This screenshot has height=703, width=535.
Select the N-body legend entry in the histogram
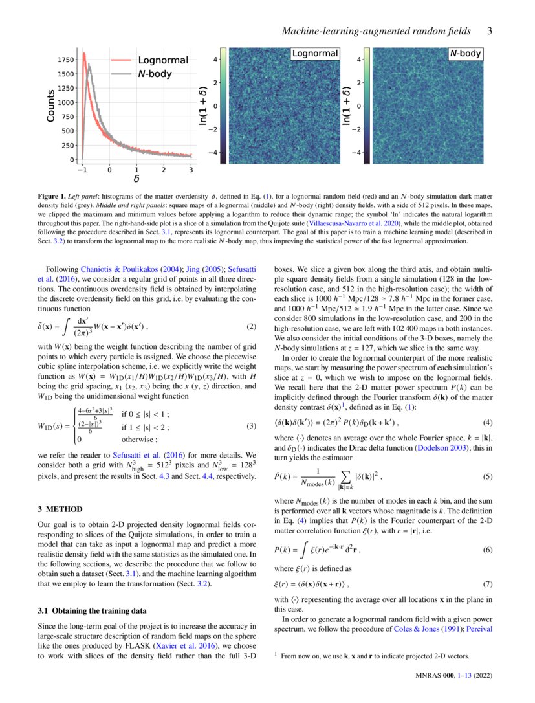[x=155, y=74]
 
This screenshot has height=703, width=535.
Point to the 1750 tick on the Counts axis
[x=65, y=60]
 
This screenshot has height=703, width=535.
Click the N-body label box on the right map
[x=466, y=54]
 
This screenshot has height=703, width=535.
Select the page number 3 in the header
[x=490, y=30]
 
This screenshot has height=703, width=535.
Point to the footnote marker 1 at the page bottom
[x=276, y=654]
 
